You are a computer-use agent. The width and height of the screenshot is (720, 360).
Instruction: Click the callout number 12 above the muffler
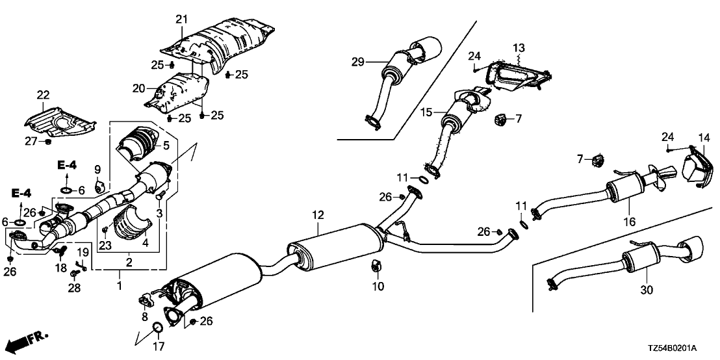click(x=317, y=214)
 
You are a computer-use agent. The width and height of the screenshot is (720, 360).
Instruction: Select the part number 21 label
click(x=181, y=18)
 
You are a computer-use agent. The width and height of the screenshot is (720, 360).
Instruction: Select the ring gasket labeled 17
click(x=157, y=327)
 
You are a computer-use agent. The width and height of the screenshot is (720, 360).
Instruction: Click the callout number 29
click(x=357, y=62)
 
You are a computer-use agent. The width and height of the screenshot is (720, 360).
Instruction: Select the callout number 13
click(x=519, y=47)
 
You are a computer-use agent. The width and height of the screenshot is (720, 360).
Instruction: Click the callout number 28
click(x=75, y=288)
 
